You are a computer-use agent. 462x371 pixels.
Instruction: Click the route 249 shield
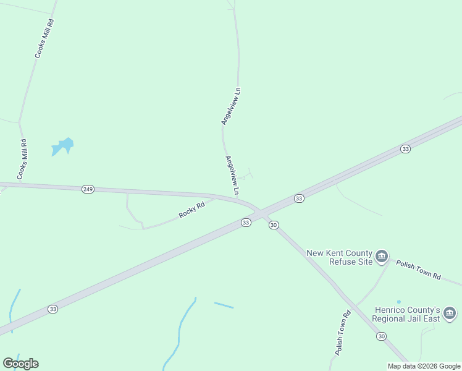88,189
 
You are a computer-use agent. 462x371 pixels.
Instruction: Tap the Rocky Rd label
191,210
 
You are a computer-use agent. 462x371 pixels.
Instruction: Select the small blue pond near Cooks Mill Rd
62,147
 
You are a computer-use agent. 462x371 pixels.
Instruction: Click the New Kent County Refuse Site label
340,257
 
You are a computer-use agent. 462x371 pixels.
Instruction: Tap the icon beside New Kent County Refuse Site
382,256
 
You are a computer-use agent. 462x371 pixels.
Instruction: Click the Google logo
20,363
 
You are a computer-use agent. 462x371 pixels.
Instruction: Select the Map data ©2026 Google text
424,366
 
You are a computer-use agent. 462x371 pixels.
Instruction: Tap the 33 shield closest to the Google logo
53,309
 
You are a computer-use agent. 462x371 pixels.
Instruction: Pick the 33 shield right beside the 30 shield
246,223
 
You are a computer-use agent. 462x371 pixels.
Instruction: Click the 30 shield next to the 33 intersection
274,225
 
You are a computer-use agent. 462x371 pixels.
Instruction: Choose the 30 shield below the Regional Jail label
381,336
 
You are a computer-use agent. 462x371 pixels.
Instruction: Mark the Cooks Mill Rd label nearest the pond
22,160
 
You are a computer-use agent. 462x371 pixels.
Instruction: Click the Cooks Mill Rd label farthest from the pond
43,38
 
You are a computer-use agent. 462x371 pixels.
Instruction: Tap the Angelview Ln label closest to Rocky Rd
232,176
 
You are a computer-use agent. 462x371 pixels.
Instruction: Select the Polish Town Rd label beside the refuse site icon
418,269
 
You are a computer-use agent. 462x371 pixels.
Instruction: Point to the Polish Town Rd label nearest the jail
343,332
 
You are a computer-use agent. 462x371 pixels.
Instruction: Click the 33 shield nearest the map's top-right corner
405,149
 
